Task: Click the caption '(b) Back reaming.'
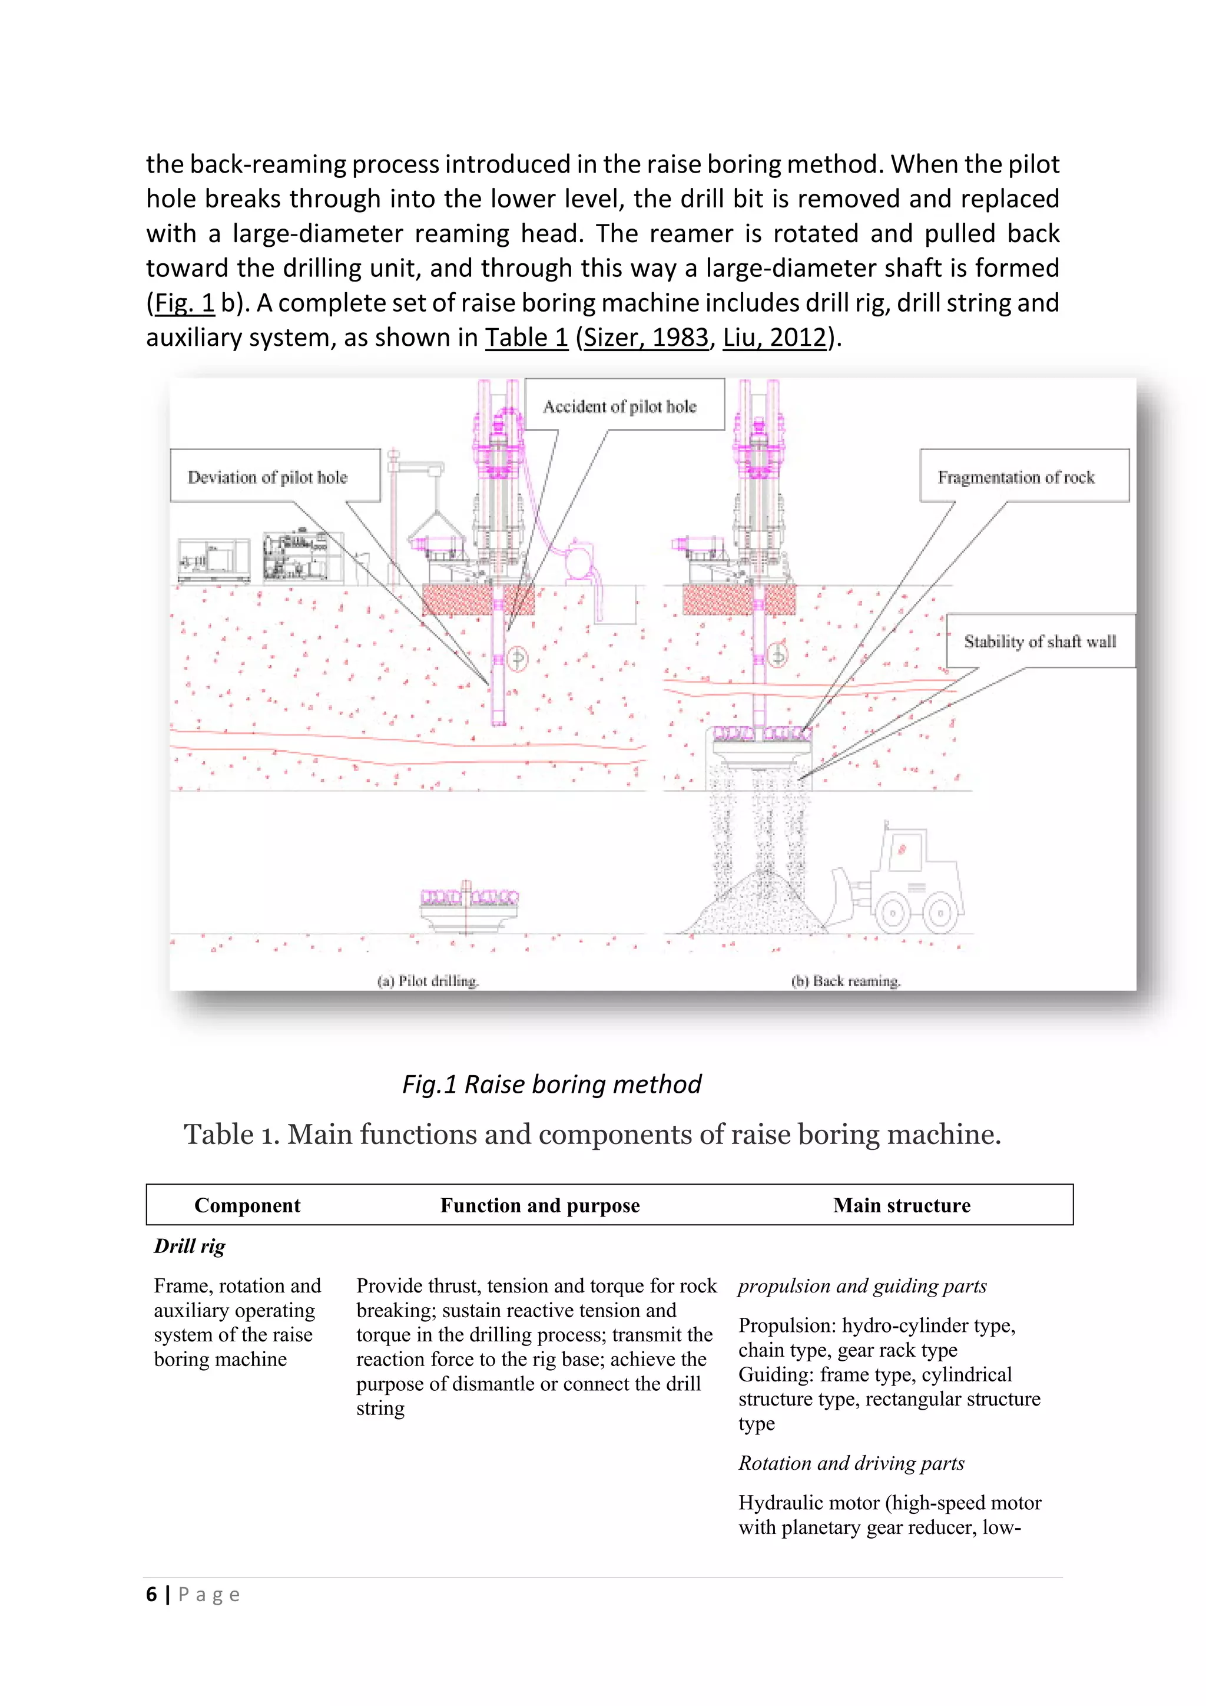[x=845, y=981]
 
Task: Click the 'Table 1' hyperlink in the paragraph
[x=526, y=338]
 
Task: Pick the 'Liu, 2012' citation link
[x=774, y=338]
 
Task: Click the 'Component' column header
[x=247, y=1205]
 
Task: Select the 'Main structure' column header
[x=902, y=1205]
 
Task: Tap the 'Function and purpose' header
[x=540, y=1205]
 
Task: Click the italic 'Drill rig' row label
[x=190, y=1246]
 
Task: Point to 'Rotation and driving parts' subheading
[x=851, y=1463]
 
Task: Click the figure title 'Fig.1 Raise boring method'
[x=551, y=1084]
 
